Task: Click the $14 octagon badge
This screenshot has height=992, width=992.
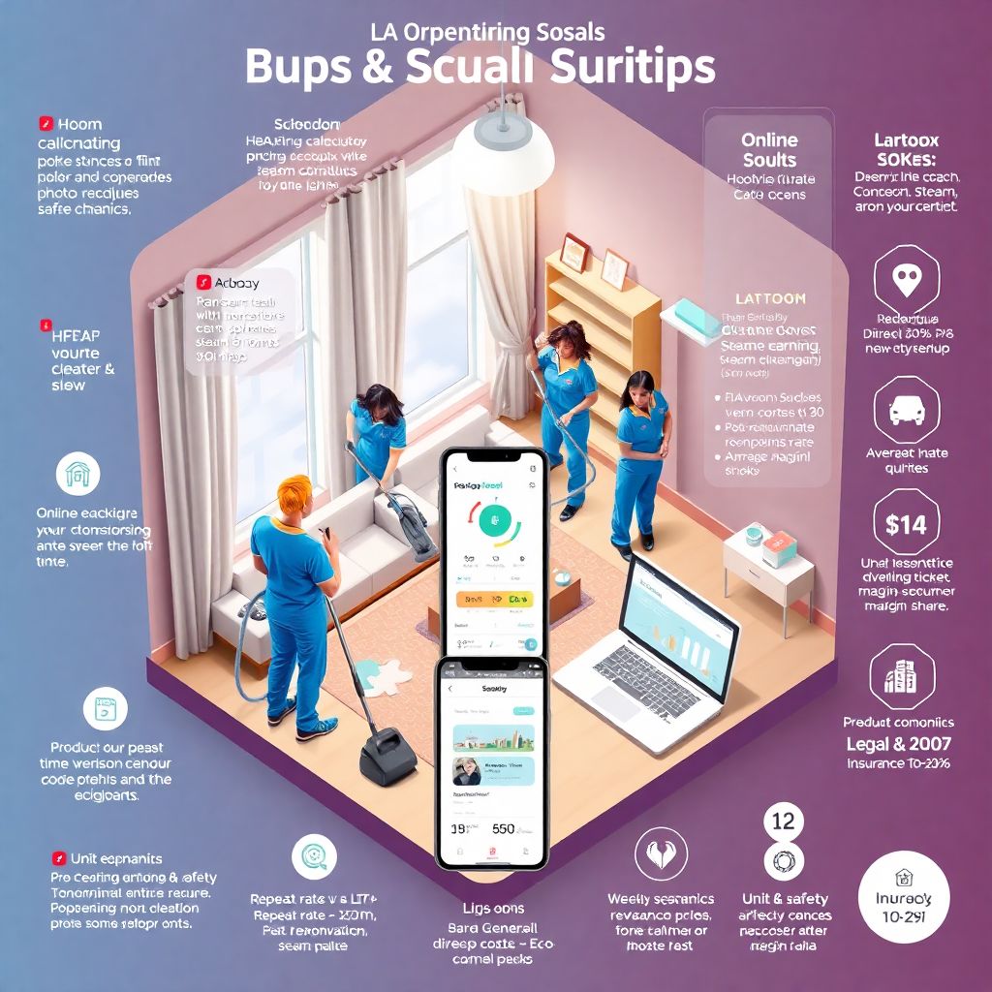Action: pyautogui.click(x=906, y=524)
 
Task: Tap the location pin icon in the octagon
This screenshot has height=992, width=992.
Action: pyautogui.click(x=906, y=280)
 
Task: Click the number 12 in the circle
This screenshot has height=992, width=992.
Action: pyautogui.click(x=783, y=821)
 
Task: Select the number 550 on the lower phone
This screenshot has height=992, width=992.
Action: pyautogui.click(x=504, y=829)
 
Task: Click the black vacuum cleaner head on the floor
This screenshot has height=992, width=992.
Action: pyautogui.click(x=387, y=755)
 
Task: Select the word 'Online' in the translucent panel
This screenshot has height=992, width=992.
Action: pyautogui.click(x=769, y=140)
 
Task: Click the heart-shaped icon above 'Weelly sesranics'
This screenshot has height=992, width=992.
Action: pyautogui.click(x=661, y=855)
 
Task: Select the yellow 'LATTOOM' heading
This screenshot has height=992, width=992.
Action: pyautogui.click(x=770, y=299)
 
